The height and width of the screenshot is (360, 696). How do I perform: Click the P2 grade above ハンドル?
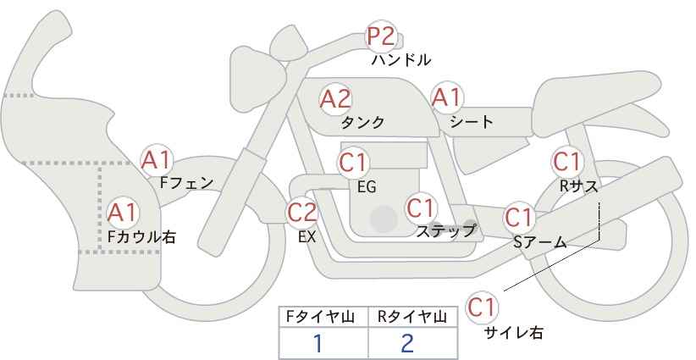[x=381, y=37]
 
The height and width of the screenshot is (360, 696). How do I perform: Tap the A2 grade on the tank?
[x=335, y=98]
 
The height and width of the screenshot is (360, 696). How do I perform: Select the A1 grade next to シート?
[x=446, y=98]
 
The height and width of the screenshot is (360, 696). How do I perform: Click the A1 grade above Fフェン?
[x=157, y=159]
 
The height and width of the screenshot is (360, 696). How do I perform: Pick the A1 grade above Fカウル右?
[x=123, y=212]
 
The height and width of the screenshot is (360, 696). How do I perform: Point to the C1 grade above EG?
[x=353, y=162]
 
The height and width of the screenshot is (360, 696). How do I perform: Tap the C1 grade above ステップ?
[x=421, y=207]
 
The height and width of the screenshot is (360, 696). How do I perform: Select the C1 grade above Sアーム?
[x=518, y=217]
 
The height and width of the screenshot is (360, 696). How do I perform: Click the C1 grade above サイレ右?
[x=483, y=307]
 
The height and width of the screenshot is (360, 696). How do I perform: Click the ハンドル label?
[x=401, y=60]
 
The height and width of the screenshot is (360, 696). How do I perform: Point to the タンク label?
[x=362, y=122]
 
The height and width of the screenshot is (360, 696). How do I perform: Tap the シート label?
[x=471, y=122]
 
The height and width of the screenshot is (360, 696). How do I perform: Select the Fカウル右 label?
[x=141, y=236]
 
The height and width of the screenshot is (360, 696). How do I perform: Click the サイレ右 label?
[x=513, y=333]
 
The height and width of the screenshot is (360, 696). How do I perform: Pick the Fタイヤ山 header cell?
[x=323, y=317]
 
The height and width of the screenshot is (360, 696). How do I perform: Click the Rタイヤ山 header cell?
[x=412, y=317]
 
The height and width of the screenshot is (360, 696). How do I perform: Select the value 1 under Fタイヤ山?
[x=318, y=343]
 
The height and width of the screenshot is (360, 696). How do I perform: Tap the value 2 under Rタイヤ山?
[x=407, y=343]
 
